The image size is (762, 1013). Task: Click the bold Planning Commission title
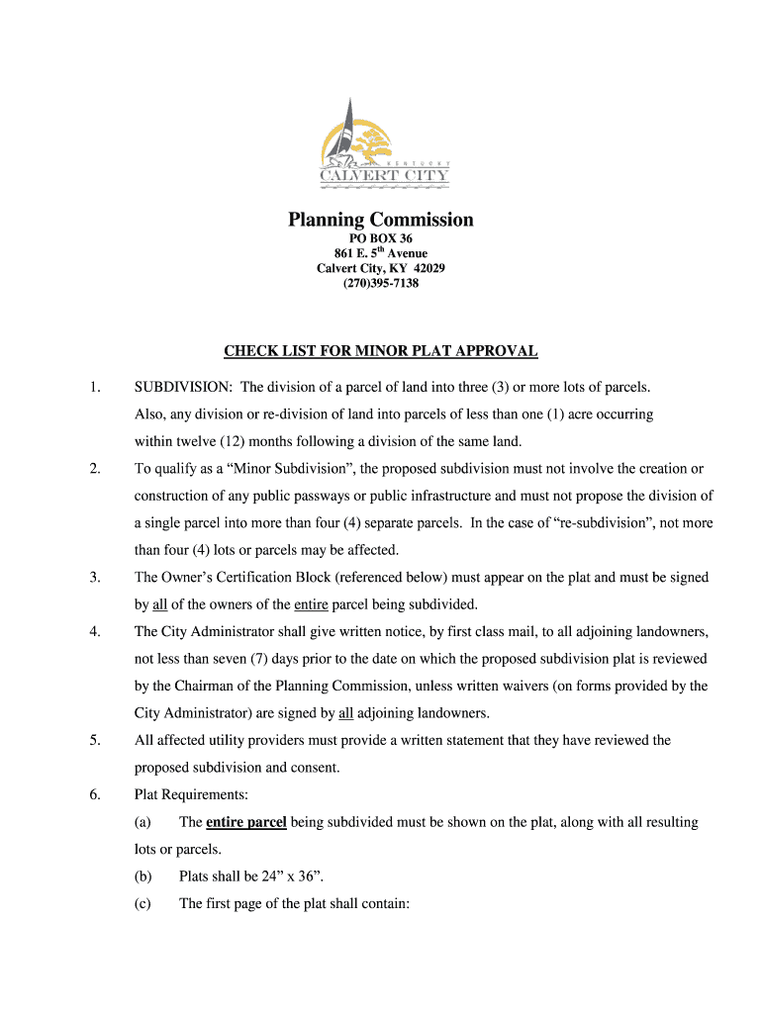(x=381, y=220)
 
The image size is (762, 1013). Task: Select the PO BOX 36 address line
(x=381, y=239)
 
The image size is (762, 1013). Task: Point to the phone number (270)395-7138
(x=381, y=283)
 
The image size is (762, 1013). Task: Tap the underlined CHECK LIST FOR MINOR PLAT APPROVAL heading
(x=381, y=351)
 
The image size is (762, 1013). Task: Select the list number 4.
(x=94, y=631)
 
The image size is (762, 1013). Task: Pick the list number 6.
(x=94, y=794)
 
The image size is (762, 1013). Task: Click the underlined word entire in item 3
(x=311, y=604)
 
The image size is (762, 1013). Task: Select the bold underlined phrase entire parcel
(x=246, y=822)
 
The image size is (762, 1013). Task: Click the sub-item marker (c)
(x=143, y=903)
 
